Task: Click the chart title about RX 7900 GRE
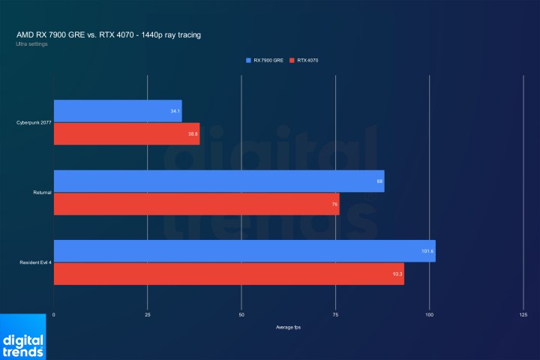coord(109,35)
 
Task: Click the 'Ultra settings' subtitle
coord(31,44)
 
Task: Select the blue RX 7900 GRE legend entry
coord(268,59)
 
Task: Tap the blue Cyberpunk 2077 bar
coord(118,111)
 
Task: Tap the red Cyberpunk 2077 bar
coord(127,133)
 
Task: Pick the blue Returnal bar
coord(219,181)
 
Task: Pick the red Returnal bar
coord(196,203)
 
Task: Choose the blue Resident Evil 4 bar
coord(244,250)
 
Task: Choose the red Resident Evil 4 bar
coord(229,273)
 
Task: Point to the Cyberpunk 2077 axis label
coord(33,122)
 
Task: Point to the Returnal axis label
coord(42,193)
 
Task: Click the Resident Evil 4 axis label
coord(35,262)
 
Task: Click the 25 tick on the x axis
coord(148,315)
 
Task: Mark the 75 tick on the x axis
coord(335,315)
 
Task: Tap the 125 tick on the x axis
coord(523,315)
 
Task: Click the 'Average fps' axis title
coord(288,327)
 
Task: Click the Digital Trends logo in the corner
coord(22,337)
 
